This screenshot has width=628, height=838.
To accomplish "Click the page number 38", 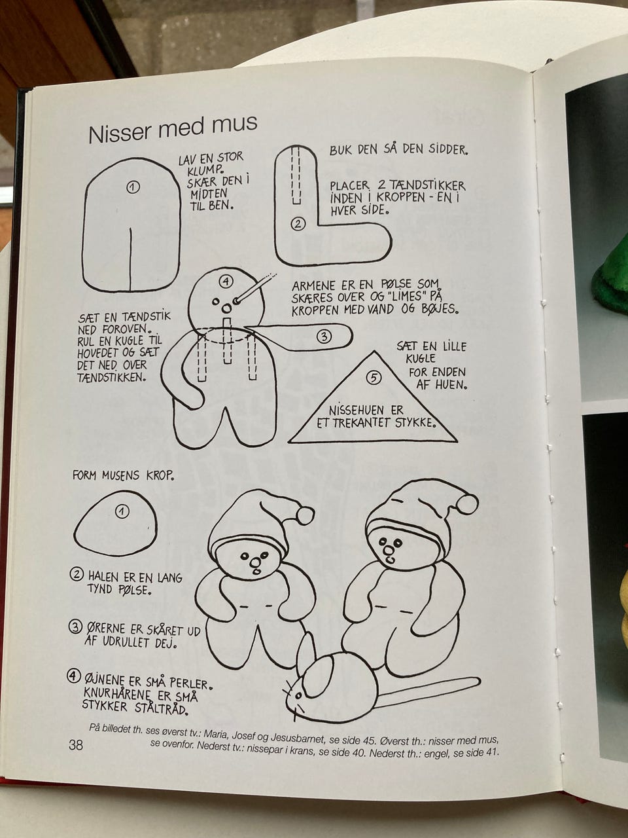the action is click(x=75, y=744).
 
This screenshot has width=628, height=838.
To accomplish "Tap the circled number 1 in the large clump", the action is click(x=133, y=187).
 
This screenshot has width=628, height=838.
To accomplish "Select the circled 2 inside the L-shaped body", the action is click(x=298, y=224).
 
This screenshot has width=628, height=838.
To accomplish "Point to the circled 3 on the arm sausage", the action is click(x=324, y=337).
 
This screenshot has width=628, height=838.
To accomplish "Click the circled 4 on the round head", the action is click(x=226, y=282).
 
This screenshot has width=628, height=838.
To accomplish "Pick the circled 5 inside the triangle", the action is click(x=374, y=377).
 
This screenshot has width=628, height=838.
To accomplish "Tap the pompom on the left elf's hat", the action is click(x=305, y=515).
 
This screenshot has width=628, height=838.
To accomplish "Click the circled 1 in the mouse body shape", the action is click(x=122, y=511).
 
